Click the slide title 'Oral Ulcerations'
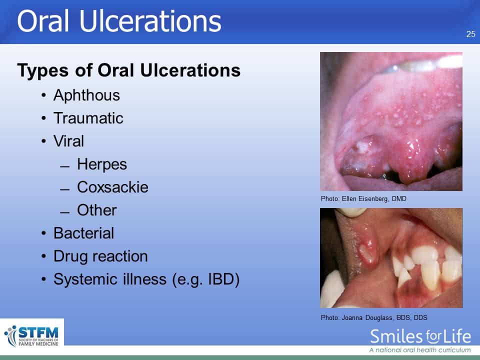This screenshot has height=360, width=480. click(x=119, y=21)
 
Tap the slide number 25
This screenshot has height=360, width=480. click(x=471, y=34)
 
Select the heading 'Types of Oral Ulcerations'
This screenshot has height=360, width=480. click(x=129, y=70)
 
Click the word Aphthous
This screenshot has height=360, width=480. click(x=86, y=95)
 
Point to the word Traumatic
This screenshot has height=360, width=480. click(x=88, y=118)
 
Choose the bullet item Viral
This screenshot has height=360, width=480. click(x=68, y=141)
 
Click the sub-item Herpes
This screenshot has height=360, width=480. click(x=102, y=164)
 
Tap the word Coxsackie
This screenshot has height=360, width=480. click(x=112, y=187)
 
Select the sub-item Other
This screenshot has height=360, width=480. click(x=96, y=210)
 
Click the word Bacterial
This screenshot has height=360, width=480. click(x=84, y=233)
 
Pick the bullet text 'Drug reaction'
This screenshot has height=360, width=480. click(x=100, y=256)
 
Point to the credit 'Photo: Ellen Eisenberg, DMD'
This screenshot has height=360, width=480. click(x=363, y=198)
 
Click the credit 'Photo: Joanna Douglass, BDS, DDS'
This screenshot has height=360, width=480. click(x=374, y=318)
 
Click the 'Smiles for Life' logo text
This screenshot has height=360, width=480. click(x=420, y=336)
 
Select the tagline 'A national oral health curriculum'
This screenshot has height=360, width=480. click(x=420, y=350)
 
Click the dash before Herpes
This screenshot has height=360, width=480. click(x=65, y=167)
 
